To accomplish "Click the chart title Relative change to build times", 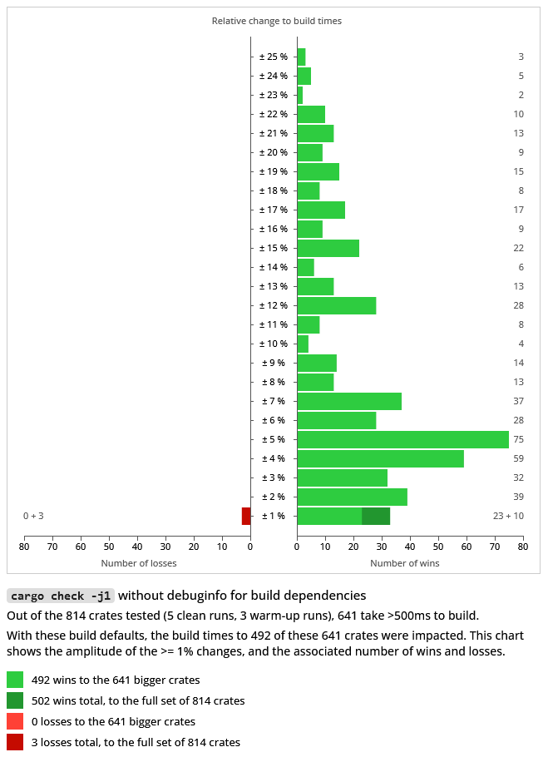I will pyautogui.click(x=276, y=21).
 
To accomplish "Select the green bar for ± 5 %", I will pyautogui.click(x=402, y=439).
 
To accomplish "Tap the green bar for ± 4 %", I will pyautogui.click(x=380, y=458).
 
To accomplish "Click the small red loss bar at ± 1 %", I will pyautogui.click(x=246, y=516).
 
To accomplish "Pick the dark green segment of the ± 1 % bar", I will pyautogui.click(x=376, y=516).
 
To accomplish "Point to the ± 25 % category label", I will pyautogui.click(x=273, y=57).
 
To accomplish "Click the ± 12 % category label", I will pyautogui.click(x=273, y=305).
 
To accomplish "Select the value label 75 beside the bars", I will pyautogui.click(x=518, y=439).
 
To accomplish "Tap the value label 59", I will pyautogui.click(x=518, y=458).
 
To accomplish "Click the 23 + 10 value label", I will pyautogui.click(x=508, y=516).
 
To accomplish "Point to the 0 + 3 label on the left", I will pyautogui.click(x=33, y=516).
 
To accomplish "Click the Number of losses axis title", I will pyautogui.click(x=139, y=563).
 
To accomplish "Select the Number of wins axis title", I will pyautogui.click(x=405, y=563).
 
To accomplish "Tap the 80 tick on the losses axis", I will pyautogui.click(x=25, y=547).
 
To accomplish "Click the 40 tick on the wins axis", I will pyautogui.click(x=410, y=547).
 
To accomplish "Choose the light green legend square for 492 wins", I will pyautogui.click(x=15, y=680).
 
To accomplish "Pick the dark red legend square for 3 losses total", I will pyautogui.click(x=15, y=742).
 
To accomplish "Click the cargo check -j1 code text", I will pyautogui.click(x=61, y=596).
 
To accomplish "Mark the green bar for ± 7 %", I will pyautogui.click(x=349, y=401).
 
